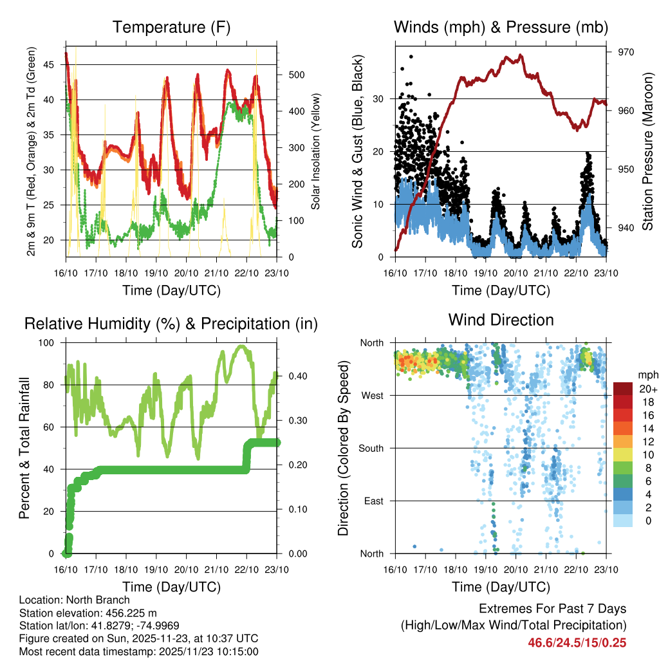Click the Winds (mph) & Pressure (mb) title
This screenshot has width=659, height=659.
pyautogui.click(x=501, y=28)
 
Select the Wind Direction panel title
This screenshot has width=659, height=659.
pyautogui.click(x=501, y=320)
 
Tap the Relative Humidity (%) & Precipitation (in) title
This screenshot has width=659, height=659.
pyautogui.click(x=171, y=324)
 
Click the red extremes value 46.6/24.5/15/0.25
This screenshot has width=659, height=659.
pyautogui.click(x=577, y=642)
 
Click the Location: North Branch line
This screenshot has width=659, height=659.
pyautogui.click(x=74, y=600)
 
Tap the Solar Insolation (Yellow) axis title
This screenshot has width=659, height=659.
pyautogui.click(x=316, y=151)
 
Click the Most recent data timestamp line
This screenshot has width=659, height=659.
pyautogui.click(x=138, y=651)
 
